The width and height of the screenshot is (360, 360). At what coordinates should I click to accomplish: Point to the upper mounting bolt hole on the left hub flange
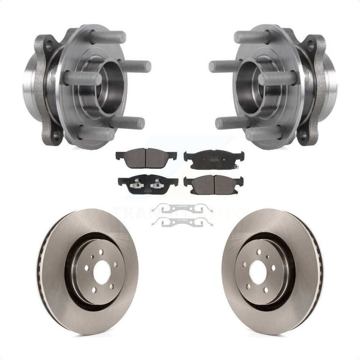[48, 45]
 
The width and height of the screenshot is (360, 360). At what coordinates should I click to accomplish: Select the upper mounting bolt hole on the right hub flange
[311, 45]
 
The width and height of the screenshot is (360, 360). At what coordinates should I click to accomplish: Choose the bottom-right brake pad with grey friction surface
[213, 183]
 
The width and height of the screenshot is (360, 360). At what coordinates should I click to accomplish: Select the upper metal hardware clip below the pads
[182, 209]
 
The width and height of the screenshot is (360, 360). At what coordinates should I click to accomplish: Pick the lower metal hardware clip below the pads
[182, 222]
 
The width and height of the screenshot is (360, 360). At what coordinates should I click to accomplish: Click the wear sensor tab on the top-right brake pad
[238, 167]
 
